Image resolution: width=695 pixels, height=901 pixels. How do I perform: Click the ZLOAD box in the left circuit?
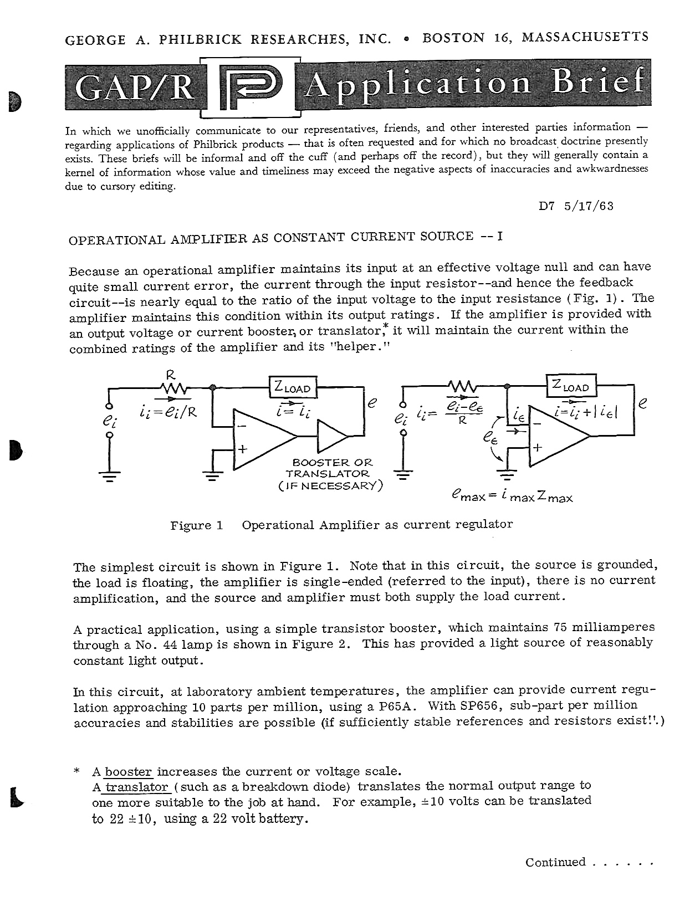tap(293, 387)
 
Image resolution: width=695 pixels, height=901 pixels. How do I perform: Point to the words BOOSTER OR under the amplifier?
tap(332, 462)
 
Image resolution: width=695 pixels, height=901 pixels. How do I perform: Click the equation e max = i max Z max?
tap(512, 496)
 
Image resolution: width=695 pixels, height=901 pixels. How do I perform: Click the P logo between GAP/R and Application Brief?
tap(251, 88)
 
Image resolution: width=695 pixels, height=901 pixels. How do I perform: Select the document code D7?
tap(547, 206)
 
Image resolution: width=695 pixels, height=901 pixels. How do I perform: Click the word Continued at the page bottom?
tap(555, 862)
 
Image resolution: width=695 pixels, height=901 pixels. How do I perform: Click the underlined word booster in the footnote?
tap(128, 771)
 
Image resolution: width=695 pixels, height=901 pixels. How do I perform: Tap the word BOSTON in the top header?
tap(453, 38)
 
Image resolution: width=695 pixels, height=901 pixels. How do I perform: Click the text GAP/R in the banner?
tap(135, 88)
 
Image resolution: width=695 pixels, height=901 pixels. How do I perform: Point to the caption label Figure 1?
tap(197, 525)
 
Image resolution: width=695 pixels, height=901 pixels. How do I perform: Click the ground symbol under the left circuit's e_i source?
tap(110, 474)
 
